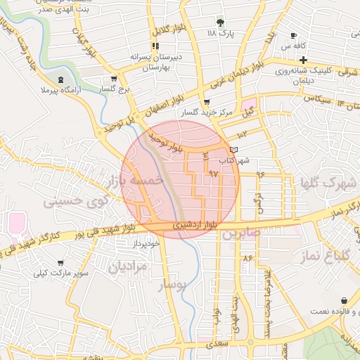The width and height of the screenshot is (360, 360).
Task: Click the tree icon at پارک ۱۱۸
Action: pyautogui.click(x=220, y=22)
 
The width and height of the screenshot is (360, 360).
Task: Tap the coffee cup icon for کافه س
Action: pyautogui.click(x=293, y=35)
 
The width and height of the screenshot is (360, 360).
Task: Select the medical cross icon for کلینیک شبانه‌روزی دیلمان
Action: pyautogui.click(x=302, y=60)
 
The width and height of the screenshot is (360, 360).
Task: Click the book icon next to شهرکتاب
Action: pyautogui.click(x=234, y=150)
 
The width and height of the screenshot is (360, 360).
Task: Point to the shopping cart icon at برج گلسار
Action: pyautogui.click(x=114, y=79)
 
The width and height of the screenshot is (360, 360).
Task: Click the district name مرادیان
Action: pyautogui.click(x=128, y=266)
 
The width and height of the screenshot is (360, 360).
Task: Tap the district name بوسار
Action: pyautogui.click(x=173, y=285)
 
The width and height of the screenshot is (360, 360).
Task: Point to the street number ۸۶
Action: pyautogui.click(x=247, y=258)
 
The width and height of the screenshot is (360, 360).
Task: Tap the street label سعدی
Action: pyautogui.click(x=218, y=344)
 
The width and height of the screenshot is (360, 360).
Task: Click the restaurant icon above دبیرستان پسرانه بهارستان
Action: pyautogui.click(x=155, y=46)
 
